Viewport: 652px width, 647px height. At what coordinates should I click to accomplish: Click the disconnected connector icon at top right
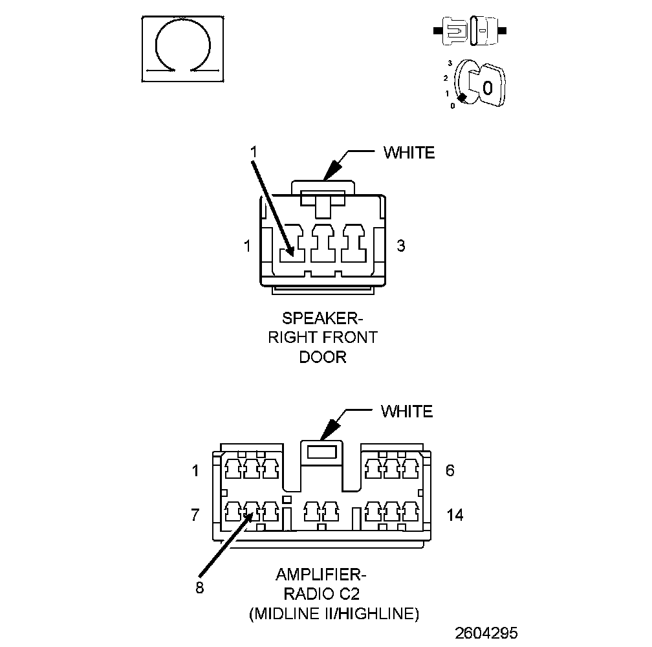tap(472, 30)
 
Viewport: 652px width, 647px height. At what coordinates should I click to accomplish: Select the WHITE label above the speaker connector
tap(409, 153)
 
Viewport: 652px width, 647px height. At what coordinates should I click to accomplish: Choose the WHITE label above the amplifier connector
tap(406, 411)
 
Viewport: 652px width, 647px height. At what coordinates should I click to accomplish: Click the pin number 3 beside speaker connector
tap(401, 246)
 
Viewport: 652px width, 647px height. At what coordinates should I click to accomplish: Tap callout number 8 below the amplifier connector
tap(199, 587)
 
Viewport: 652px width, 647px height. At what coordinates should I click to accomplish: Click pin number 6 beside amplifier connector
tap(450, 470)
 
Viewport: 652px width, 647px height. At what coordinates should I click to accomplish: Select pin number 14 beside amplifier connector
tap(455, 515)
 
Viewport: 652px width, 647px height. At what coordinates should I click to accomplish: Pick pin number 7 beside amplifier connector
tap(195, 515)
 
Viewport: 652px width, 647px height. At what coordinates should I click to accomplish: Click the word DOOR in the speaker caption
tap(323, 357)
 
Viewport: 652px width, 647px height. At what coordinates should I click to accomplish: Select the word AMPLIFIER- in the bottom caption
tap(321, 575)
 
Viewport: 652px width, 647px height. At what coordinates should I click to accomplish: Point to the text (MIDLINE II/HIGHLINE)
tap(334, 613)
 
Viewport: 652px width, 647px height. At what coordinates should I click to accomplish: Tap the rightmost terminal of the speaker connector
tap(354, 243)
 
